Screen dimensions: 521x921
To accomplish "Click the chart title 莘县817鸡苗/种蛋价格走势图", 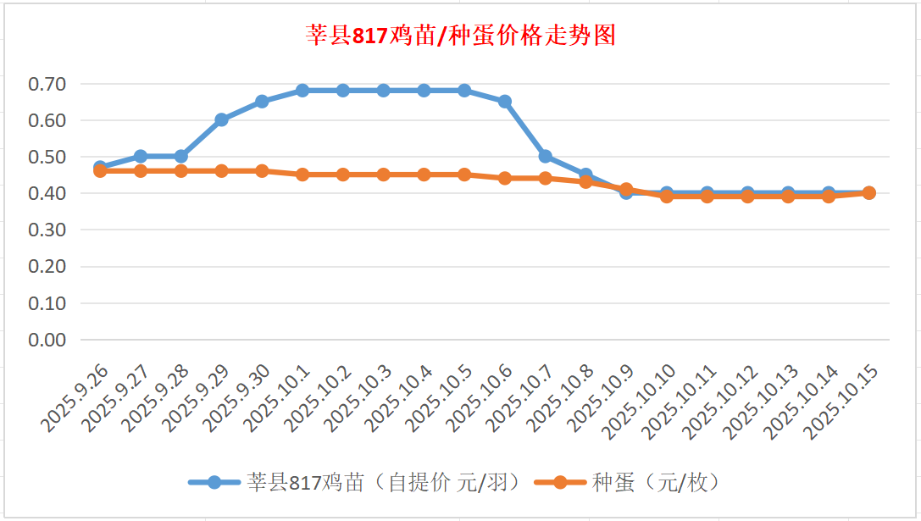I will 460,36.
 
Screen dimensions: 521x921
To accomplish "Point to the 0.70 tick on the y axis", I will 47,84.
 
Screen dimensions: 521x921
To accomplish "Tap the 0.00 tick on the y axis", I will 47,340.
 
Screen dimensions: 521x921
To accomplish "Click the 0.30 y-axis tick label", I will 47,230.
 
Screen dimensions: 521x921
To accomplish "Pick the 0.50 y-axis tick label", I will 47,157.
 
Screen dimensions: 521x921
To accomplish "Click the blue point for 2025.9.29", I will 221,119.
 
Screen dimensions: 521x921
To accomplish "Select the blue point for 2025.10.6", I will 505,102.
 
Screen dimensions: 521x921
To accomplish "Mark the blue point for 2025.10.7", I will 546,156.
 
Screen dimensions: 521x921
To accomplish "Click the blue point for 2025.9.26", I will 100,167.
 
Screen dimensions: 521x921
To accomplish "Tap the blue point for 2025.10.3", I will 383,91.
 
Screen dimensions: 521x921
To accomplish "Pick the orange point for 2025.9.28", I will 180,171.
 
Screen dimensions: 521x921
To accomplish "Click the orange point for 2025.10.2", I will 343,175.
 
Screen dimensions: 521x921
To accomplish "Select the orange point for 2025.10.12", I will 747,197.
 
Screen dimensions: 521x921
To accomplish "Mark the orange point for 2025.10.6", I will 505,178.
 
